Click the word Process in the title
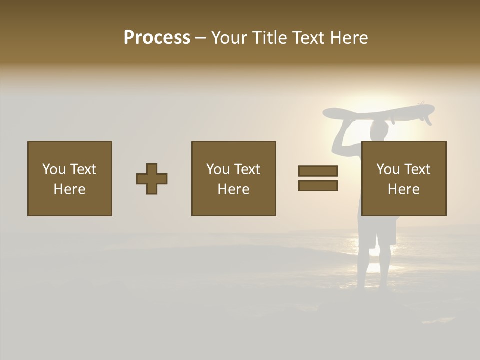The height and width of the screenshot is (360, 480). coord(157,38)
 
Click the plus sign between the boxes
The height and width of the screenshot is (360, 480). coord(152,179)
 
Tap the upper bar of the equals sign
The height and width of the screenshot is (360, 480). coord(318,171)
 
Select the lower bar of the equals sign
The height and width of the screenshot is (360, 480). coord(318,186)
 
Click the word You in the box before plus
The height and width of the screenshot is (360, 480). coord(53,169)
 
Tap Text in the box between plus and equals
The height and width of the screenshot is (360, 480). coord(248,169)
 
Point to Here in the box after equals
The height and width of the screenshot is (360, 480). coord(403,189)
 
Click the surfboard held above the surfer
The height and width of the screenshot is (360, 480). coord(370,113)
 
